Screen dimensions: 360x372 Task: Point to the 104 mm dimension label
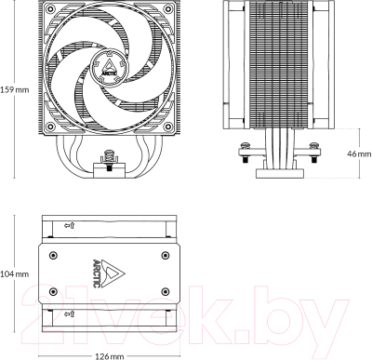click(14, 274)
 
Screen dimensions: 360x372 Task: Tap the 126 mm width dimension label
click(110, 354)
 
